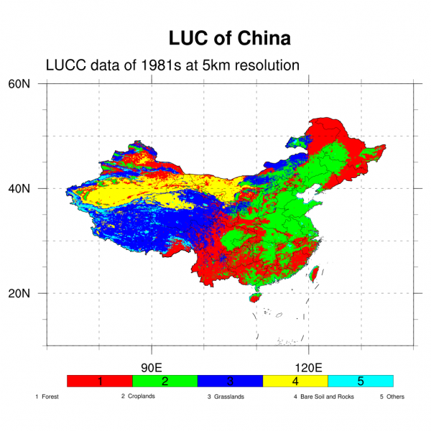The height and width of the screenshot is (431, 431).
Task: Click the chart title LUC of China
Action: point(229,37)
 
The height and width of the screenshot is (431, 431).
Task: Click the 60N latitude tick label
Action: point(19,83)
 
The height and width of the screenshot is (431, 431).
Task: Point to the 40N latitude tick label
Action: point(19,188)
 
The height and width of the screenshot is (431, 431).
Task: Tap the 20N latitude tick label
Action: point(19,293)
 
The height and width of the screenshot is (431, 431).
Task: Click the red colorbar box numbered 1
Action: point(99,381)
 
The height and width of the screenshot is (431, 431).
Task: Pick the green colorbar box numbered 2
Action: point(164,381)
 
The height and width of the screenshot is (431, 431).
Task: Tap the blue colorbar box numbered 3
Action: point(230,381)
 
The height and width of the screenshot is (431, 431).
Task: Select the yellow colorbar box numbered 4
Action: point(295,381)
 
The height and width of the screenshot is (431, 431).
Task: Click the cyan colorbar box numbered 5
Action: point(361,381)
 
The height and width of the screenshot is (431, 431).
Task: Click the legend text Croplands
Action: point(141,397)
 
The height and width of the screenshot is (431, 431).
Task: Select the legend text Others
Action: point(396,397)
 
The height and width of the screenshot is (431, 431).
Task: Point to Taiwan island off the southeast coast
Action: point(313,274)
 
